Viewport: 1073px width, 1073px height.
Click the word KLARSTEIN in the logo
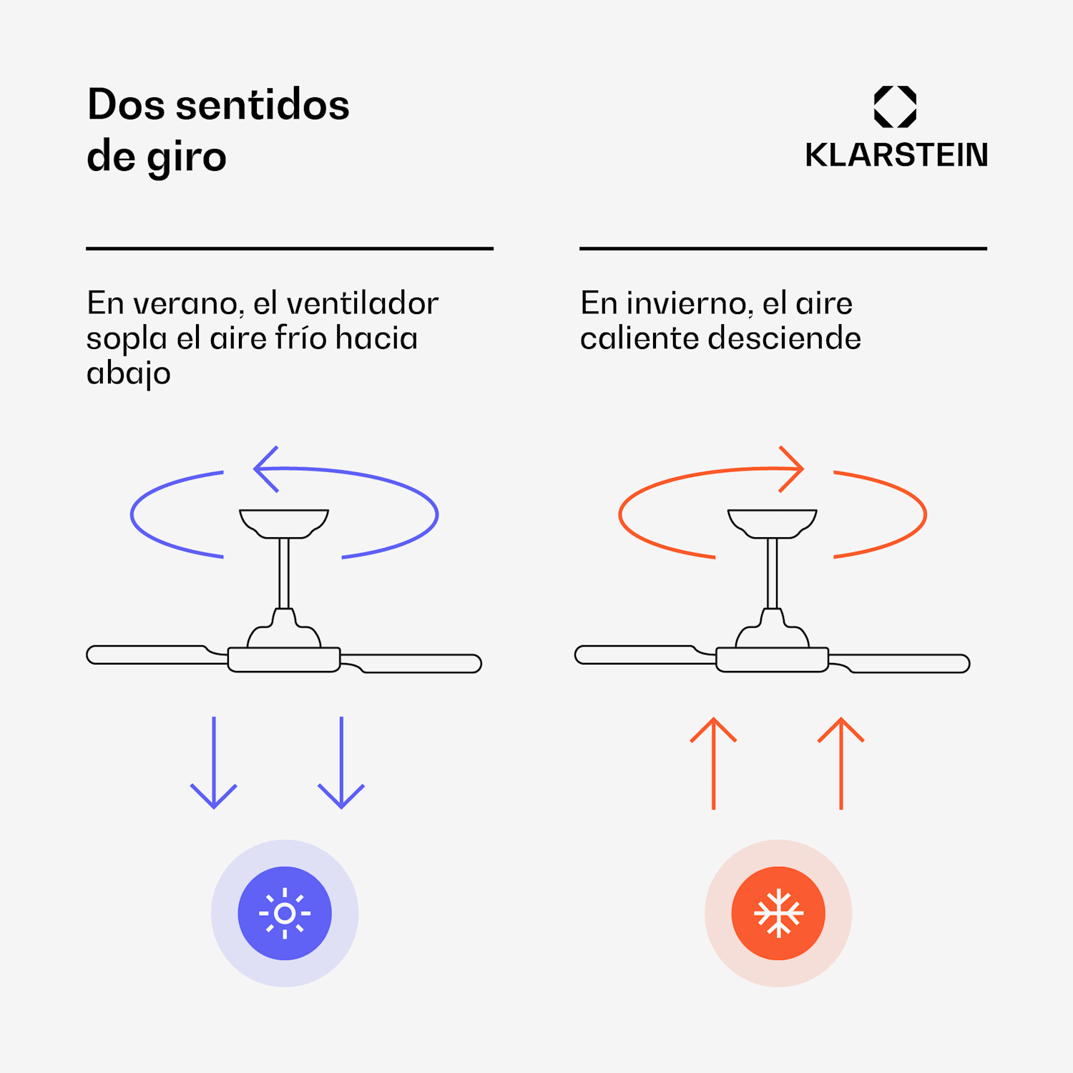coord(896,155)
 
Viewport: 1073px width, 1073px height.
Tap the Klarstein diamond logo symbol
coord(895,107)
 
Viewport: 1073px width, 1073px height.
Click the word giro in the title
coord(187,157)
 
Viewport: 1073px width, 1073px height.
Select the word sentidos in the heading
coord(263,105)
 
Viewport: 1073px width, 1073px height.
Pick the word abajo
coord(129,373)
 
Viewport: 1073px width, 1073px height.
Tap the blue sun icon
coord(285,913)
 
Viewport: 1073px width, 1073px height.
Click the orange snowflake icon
coord(778,913)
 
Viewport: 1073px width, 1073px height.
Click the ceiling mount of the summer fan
coord(284,522)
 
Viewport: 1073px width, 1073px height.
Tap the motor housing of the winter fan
coord(773,659)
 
